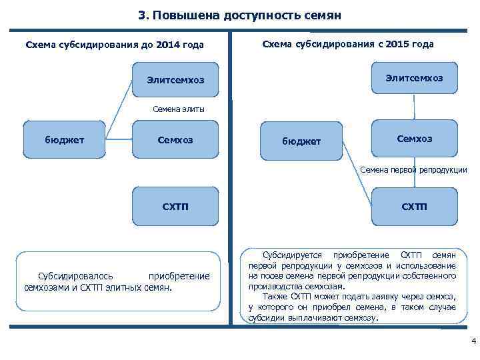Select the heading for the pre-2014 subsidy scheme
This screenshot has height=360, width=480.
pyautogui.click(x=114, y=45)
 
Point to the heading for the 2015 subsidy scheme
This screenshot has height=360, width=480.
pyautogui.click(x=348, y=44)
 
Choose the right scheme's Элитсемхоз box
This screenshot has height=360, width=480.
pyautogui.click(x=414, y=78)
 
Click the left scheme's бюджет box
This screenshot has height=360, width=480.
pyautogui.click(x=64, y=139)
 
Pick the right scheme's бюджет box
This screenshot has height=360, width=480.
pyautogui.click(x=301, y=141)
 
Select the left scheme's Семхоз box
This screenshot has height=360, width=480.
pyautogui.click(x=175, y=139)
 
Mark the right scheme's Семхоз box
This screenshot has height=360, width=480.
pyautogui.click(x=414, y=139)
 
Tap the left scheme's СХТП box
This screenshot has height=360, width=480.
pyautogui.click(x=175, y=206)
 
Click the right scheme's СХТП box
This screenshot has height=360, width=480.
pyautogui.click(x=414, y=206)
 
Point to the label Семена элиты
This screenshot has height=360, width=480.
pyautogui.click(x=176, y=110)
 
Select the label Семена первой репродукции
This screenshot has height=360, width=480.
pyautogui.click(x=413, y=171)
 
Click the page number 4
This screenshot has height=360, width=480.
pyautogui.click(x=473, y=343)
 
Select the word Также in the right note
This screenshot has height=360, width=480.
pyautogui.click(x=274, y=297)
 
